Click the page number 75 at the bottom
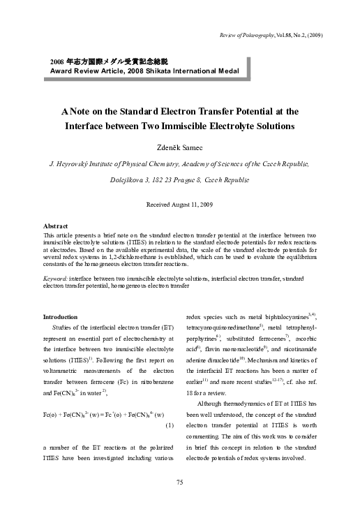[179, 482]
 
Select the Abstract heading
[55, 227]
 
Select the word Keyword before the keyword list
[56, 277]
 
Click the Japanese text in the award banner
[109, 61]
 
